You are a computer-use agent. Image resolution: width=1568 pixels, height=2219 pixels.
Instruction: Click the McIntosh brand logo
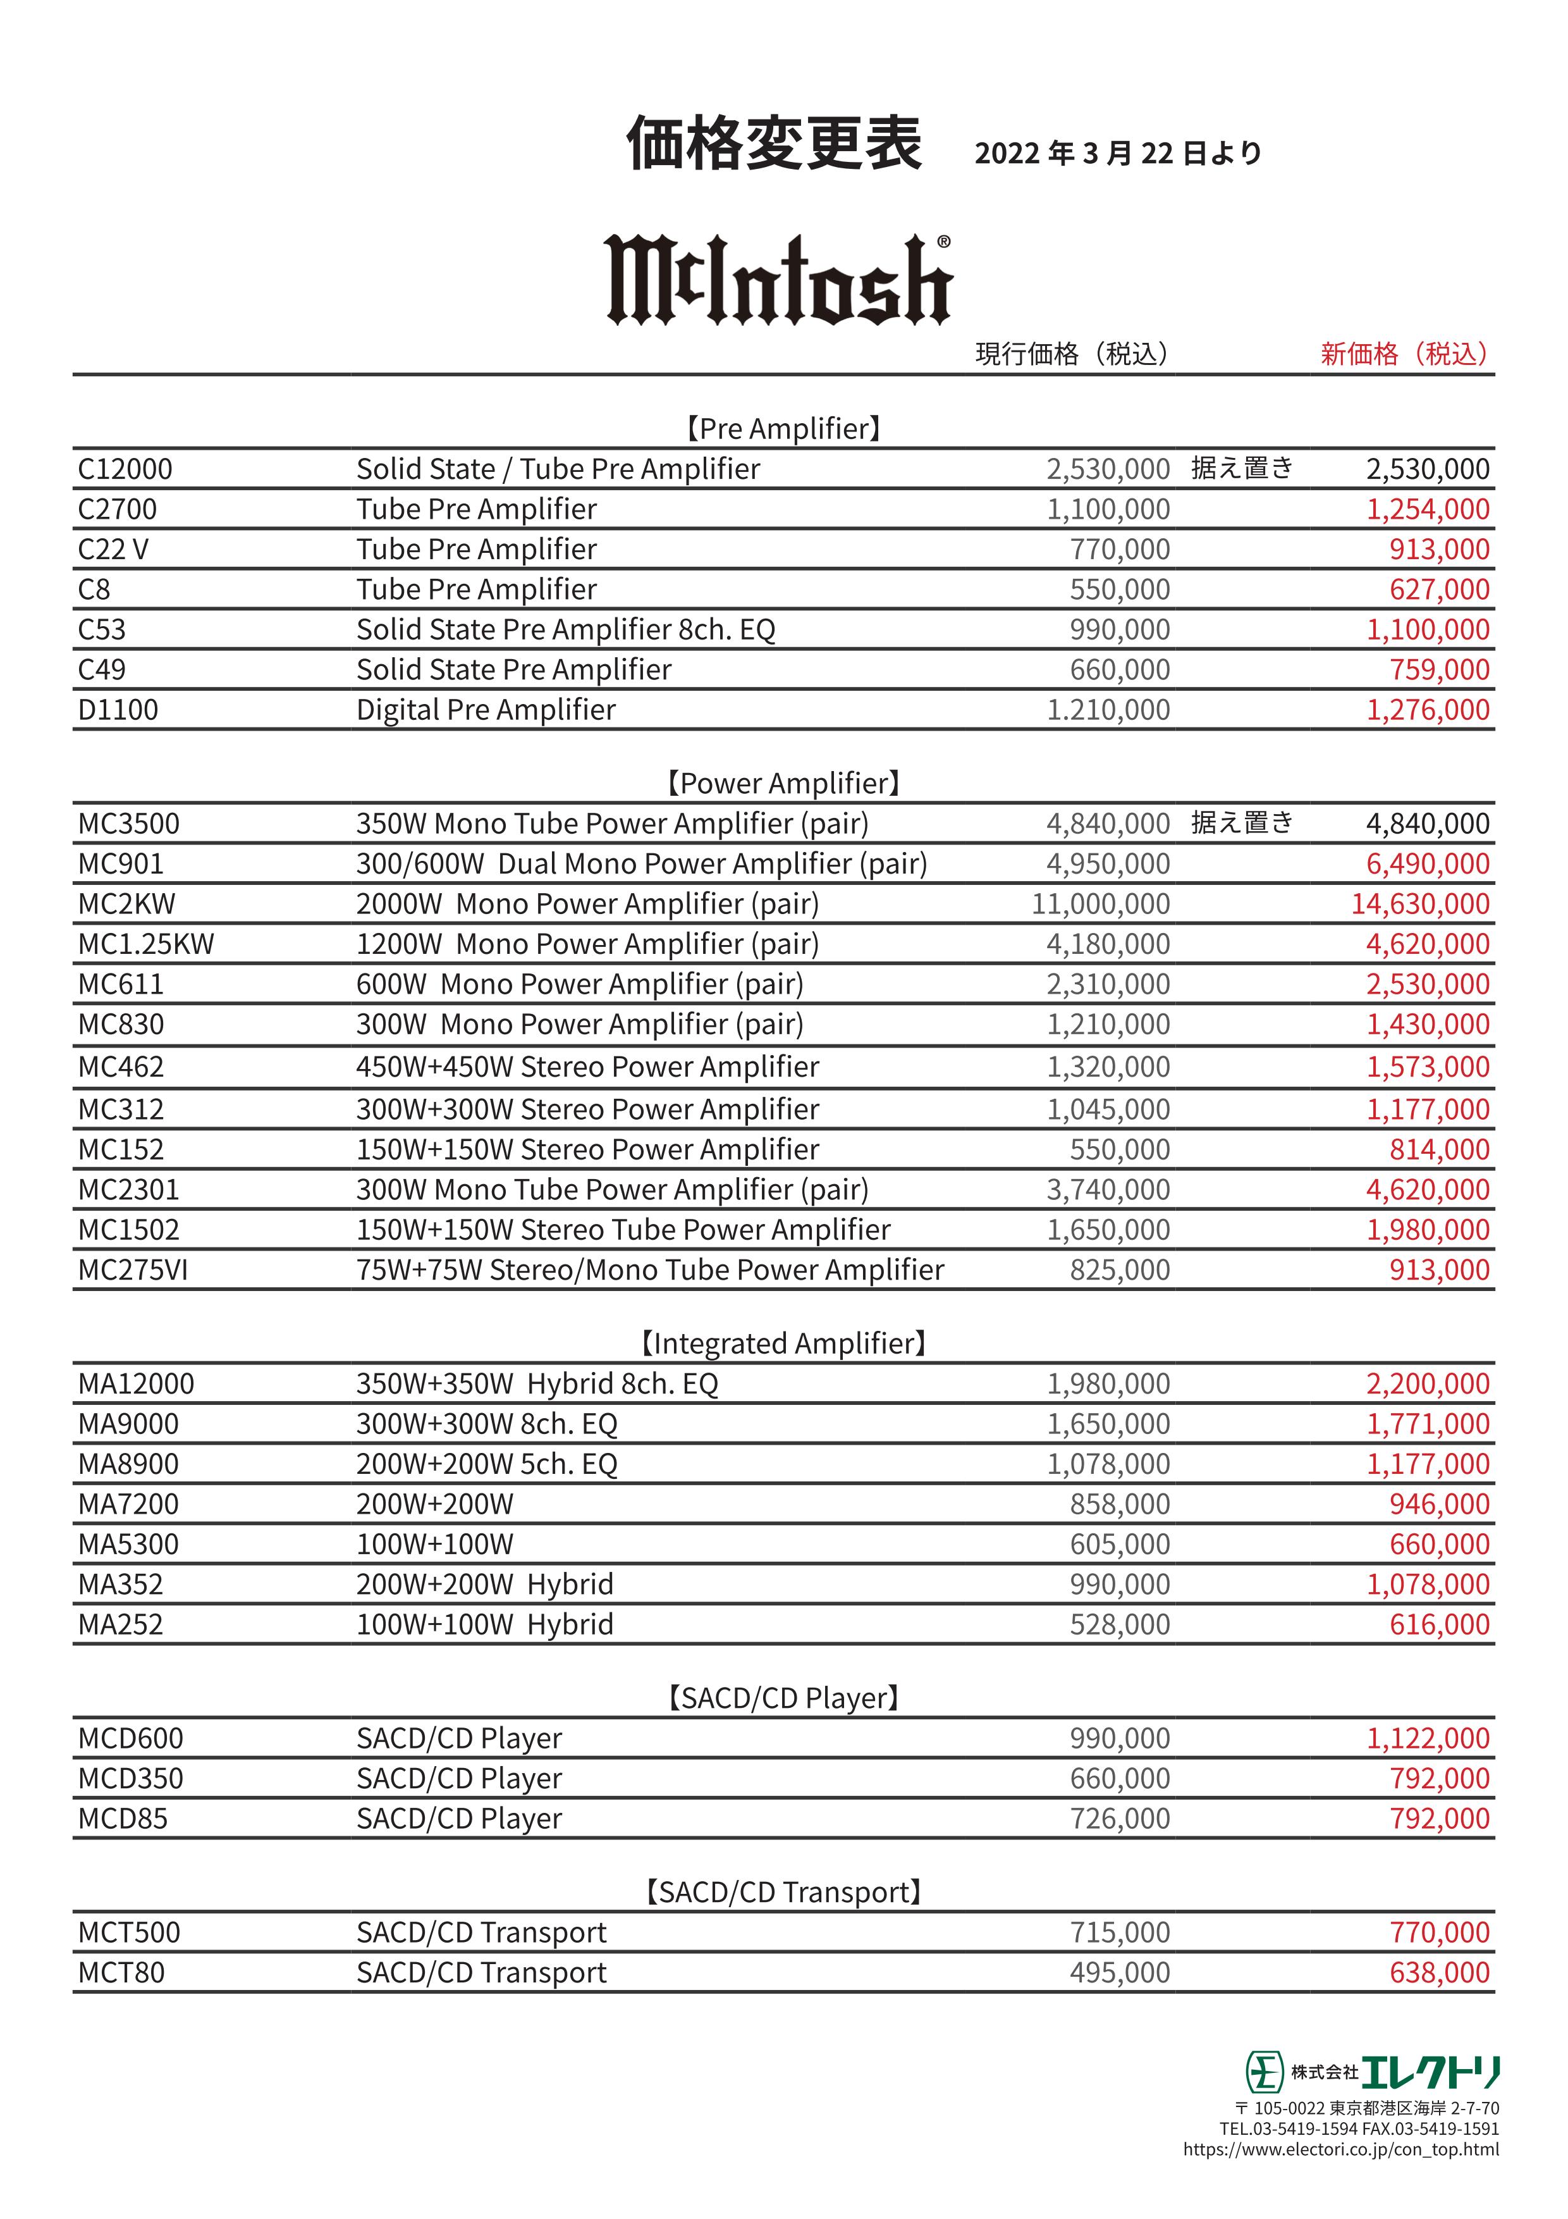(779, 280)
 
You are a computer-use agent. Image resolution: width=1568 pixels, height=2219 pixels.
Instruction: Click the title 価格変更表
(774, 144)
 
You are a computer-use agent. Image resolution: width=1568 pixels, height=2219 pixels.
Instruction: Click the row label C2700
(118, 509)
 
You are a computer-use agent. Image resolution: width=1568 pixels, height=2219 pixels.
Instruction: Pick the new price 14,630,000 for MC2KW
(1419, 904)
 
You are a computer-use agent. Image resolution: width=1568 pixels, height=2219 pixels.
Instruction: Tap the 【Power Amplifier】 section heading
(783, 783)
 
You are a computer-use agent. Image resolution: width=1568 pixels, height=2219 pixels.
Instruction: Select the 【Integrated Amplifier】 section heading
(783, 1344)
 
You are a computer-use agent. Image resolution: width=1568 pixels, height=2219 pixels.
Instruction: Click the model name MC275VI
(133, 1270)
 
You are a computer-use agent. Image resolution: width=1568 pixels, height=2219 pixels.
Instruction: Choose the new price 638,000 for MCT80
(1440, 1972)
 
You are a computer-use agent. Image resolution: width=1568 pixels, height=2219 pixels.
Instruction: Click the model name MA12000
(136, 1384)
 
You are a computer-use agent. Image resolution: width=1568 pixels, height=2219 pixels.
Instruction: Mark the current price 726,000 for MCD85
(1120, 1819)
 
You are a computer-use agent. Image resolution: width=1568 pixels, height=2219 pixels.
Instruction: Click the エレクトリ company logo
(1372, 2071)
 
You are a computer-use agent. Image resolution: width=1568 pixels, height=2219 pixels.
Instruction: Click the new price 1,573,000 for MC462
(1427, 1067)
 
